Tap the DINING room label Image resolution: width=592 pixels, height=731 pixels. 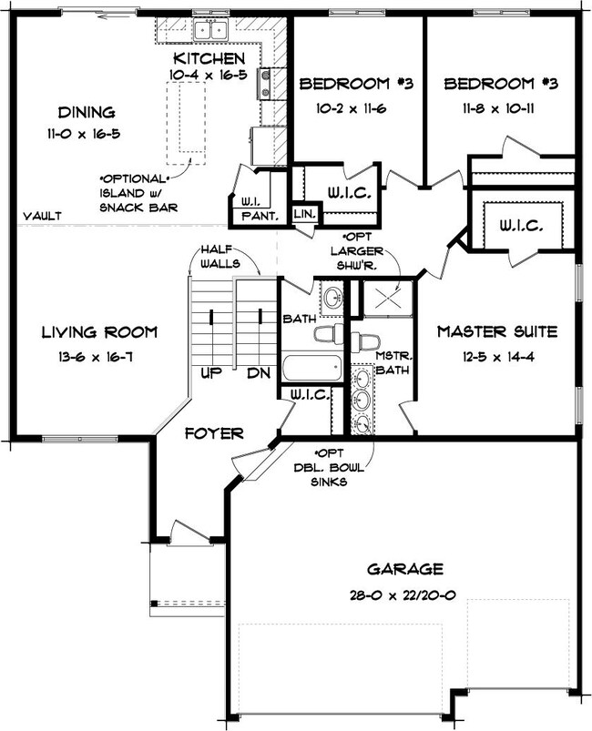pyautogui.click(x=87, y=113)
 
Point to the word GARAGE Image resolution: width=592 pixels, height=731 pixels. pyautogui.click(x=405, y=569)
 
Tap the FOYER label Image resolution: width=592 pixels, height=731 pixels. pyautogui.click(x=212, y=433)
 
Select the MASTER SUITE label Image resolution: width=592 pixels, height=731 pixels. pyautogui.click(x=496, y=331)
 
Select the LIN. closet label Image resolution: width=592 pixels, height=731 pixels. pyautogui.click(x=303, y=214)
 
